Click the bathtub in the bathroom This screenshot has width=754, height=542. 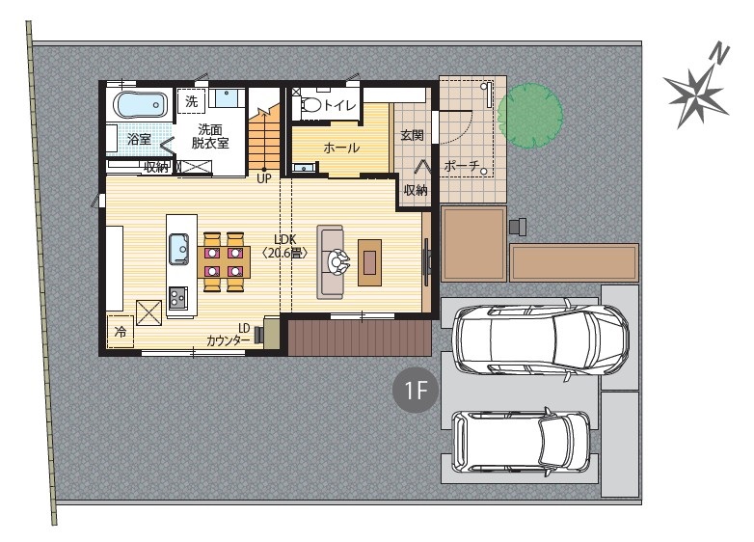(140, 104)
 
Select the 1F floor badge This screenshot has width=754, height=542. (416, 390)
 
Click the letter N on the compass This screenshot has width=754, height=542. (720, 53)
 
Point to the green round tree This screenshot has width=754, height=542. (530, 116)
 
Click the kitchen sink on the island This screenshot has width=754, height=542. (178, 249)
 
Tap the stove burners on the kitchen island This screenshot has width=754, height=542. (177, 299)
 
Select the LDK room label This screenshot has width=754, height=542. (285, 246)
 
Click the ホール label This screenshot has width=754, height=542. (341, 148)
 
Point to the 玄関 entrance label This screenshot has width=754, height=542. (412, 135)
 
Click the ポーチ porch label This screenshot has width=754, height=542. (462, 166)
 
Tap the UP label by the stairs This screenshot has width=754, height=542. (264, 179)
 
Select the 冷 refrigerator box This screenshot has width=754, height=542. (121, 331)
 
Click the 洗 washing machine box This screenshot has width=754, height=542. (191, 101)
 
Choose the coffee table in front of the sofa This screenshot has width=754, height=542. (370, 262)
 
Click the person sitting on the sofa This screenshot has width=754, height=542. (338, 262)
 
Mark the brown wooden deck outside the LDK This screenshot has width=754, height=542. (360, 339)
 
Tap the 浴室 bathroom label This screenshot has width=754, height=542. (140, 140)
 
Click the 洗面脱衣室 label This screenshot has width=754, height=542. (210, 136)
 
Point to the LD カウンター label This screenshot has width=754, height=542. (229, 335)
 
